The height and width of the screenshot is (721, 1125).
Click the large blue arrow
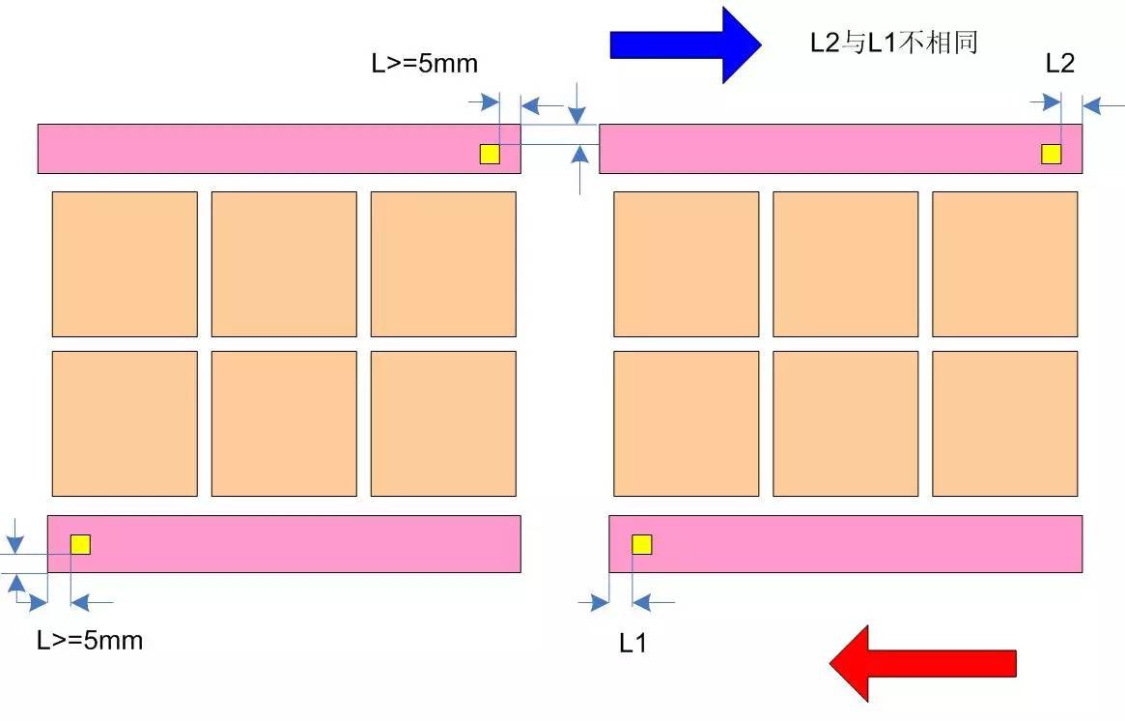click(686, 44)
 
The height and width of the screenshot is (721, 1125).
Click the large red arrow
click(922, 664)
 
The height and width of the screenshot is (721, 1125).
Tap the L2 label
click(1059, 63)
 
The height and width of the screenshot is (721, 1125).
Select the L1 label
click(633, 644)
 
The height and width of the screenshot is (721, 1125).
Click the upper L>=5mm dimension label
click(425, 63)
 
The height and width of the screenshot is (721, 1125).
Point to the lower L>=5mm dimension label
click(90, 640)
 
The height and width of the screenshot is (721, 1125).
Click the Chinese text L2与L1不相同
click(894, 43)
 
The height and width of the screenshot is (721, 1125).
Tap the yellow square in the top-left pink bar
click(490, 154)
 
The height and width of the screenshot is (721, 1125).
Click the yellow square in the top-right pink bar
click(1051, 154)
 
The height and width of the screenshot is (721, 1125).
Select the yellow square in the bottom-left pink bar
click(80, 544)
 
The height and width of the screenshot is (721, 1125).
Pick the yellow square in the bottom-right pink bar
click(642, 544)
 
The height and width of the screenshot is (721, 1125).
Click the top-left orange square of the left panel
click(125, 264)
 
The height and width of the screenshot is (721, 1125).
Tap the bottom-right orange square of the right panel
click(1004, 423)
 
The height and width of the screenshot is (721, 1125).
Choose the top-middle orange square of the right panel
click(845, 264)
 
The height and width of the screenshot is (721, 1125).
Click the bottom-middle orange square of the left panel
click(284, 423)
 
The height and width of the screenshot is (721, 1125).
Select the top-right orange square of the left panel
click(443, 264)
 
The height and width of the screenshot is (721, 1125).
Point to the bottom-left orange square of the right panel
click(686, 423)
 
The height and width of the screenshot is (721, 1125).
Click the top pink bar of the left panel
click(279, 149)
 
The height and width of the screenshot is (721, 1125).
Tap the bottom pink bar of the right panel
click(845, 543)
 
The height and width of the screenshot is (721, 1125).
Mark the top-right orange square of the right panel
click(1004, 264)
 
